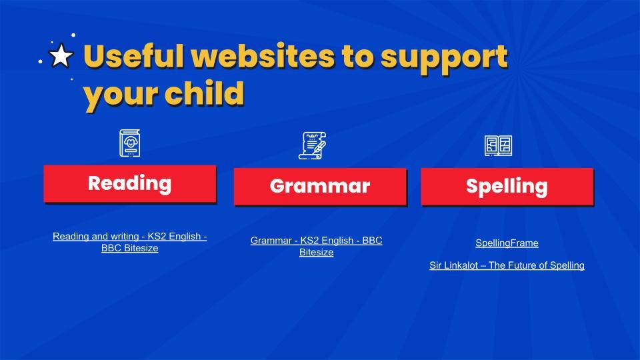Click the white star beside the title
[x=61, y=55]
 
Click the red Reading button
[x=130, y=183]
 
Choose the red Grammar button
[x=320, y=186]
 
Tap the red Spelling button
[x=507, y=186]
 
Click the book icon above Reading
[x=130, y=143]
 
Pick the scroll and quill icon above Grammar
[x=312, y=145]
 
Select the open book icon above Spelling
[x=499, y=146]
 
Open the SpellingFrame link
[x=507, y=243]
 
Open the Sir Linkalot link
[x=507, y=265]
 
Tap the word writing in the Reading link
[x=125, y=236]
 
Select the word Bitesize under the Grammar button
[x=316, y=252]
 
